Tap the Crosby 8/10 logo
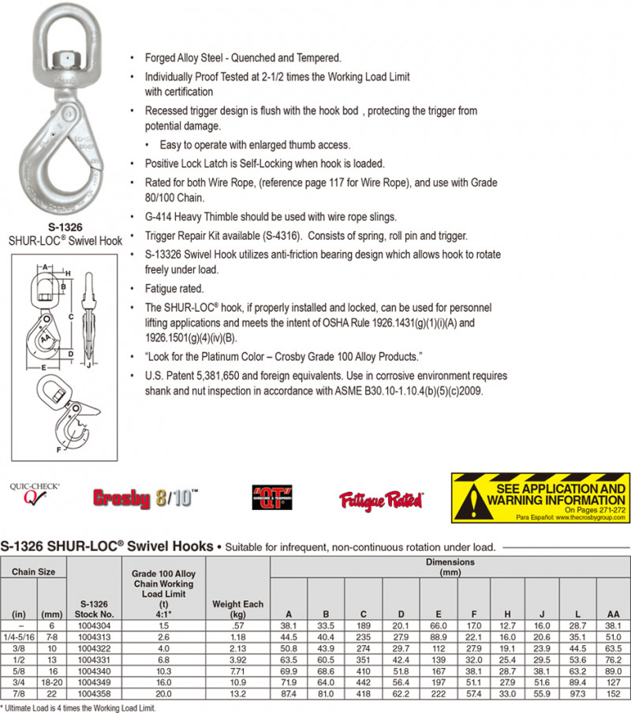[x=145, y=498]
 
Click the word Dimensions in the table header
[x=450, y=562]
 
